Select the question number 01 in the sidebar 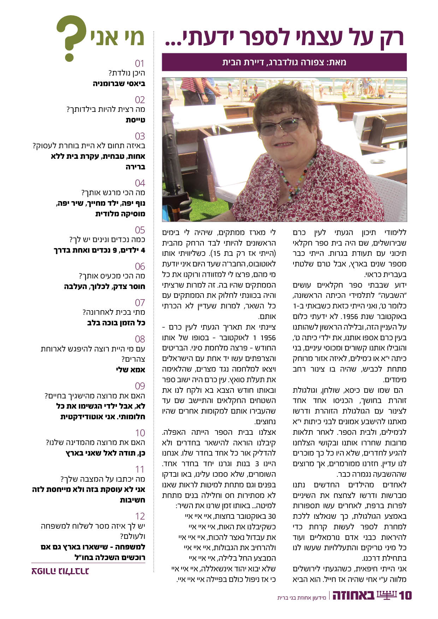point(140,64)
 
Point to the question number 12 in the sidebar point(140,516)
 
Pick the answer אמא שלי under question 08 point(130,370)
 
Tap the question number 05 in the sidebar point(140,230)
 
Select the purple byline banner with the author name point(284,62)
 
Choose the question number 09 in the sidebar point(140,386)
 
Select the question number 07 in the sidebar point(140,303)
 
